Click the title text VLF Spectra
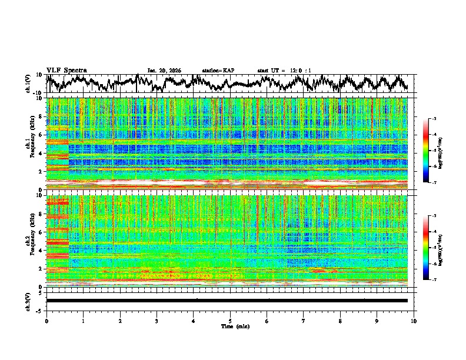click(66, 70)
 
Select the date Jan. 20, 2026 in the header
click(164, 71)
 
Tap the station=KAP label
click(218, 71)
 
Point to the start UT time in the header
click(284, 71)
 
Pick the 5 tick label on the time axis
click(230, 321)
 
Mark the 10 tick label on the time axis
click(414, 321)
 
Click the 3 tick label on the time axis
click(157, 321)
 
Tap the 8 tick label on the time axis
click(340, 321)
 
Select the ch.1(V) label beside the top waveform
click(28, 84)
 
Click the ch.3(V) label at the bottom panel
click(28, 301)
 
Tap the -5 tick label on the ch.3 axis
click(41, 310)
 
